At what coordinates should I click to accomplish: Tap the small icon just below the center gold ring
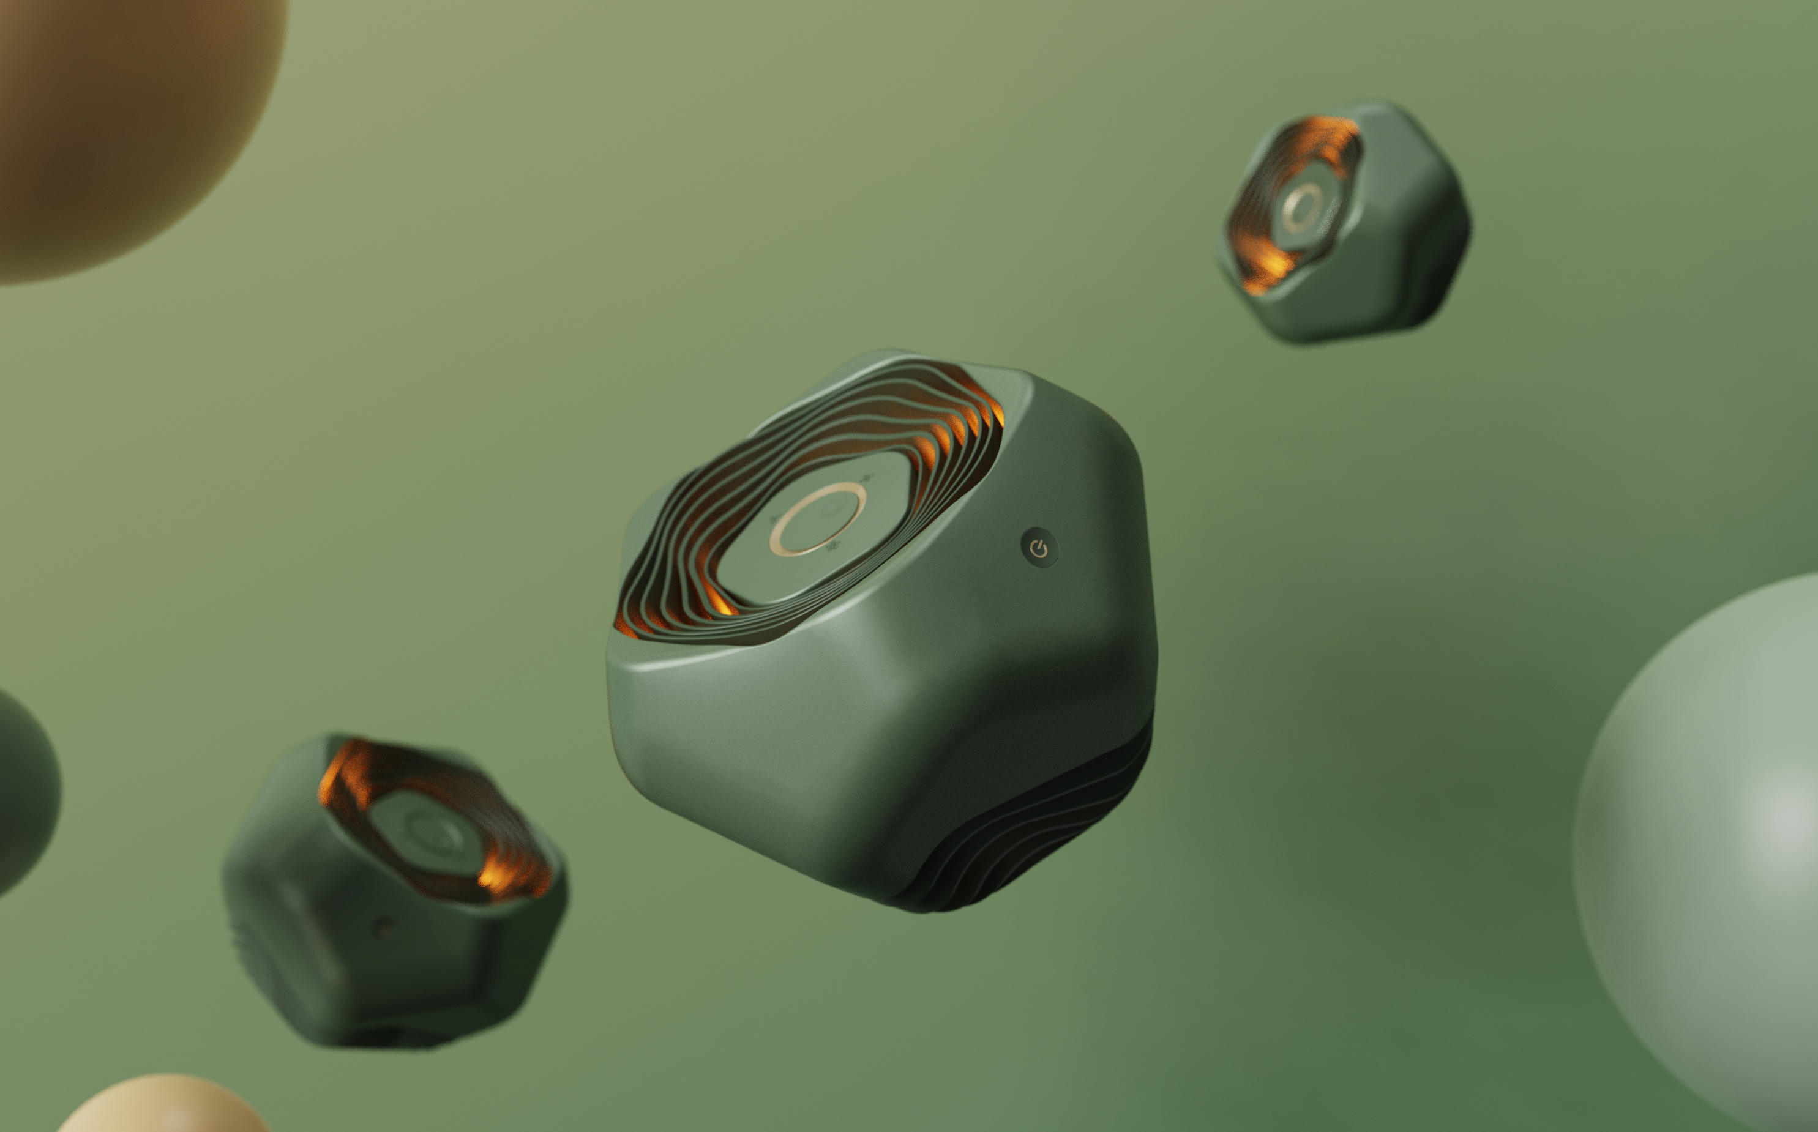click(x=832, y=547)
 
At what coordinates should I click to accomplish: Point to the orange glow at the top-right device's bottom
click(x=1265, y=269)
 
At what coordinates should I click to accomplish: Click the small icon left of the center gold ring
click(x=774, y=519)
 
